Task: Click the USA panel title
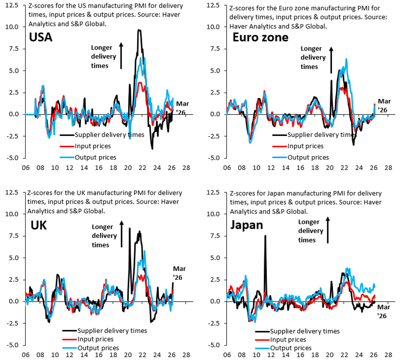pos(41,37)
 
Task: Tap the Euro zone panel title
pos(260,37)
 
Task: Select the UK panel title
pos(39,225)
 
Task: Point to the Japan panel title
pos(247,225)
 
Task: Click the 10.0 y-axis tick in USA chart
pos(12,27)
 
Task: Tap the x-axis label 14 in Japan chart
pos(286,355)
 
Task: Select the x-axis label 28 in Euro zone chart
pos(388,168)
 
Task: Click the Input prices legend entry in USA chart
pos(93,146)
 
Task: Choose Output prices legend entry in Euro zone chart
pos(308,157)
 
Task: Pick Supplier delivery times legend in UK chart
pos(112,331)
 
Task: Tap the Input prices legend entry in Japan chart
pos(288,340)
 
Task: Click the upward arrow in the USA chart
pos(121,55)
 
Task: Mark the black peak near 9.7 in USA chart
pos(139,30)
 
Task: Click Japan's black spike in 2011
pos(265,236)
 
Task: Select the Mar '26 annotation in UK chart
pos(179,273)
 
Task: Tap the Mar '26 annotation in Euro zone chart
pos(384,106)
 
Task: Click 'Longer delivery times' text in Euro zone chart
pos(313,57)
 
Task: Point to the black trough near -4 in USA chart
pos(152,148)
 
